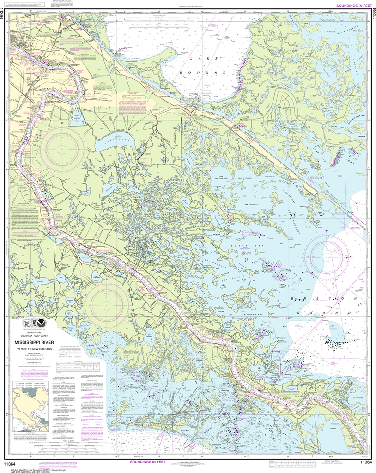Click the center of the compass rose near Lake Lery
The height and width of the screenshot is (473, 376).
coord(61,151)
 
